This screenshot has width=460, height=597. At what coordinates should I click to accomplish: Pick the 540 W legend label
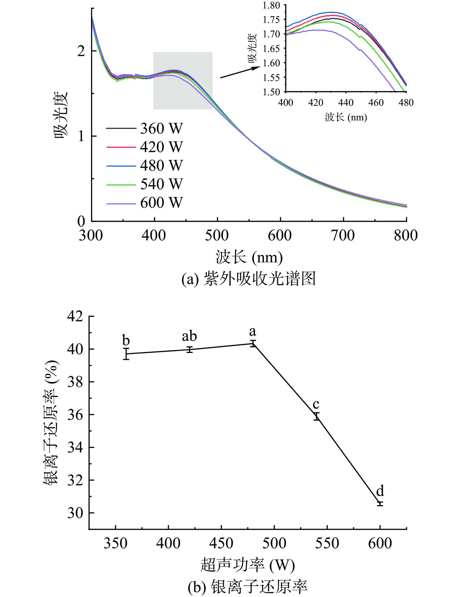pos(161,184)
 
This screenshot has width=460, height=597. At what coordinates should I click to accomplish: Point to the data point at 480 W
pos(253,344)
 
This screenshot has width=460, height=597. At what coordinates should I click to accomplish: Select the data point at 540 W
pos(316,416)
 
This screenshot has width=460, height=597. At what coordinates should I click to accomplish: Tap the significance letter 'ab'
pos(189,336)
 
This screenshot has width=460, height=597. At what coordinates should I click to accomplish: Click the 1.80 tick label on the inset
pos(271,5)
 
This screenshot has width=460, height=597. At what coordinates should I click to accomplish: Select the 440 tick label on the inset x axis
pos(346,103)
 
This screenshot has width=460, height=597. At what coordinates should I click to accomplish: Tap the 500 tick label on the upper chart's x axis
pos(217,236)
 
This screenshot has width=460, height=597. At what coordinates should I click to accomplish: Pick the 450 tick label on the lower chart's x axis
pos(221,543)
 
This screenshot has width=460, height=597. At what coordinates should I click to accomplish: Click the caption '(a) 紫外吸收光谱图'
pos(248,279)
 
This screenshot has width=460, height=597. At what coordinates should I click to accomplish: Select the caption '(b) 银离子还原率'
pos(248,587)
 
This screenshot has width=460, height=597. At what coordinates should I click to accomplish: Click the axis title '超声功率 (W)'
pos(247,565)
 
